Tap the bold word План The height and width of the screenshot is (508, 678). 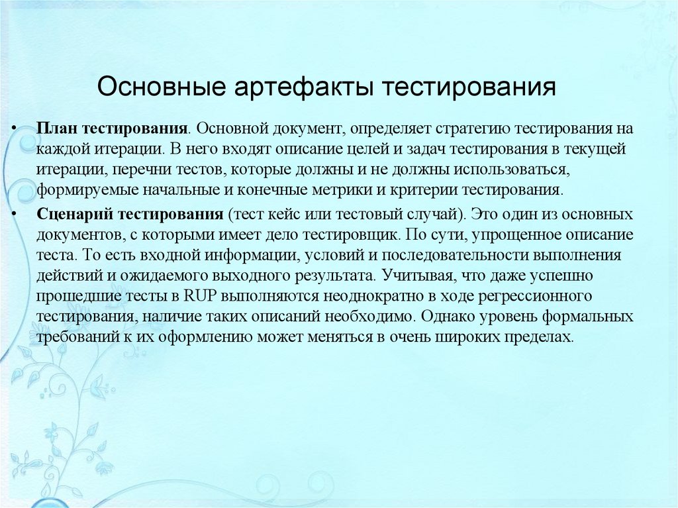56,127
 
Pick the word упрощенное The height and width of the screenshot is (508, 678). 518,234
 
